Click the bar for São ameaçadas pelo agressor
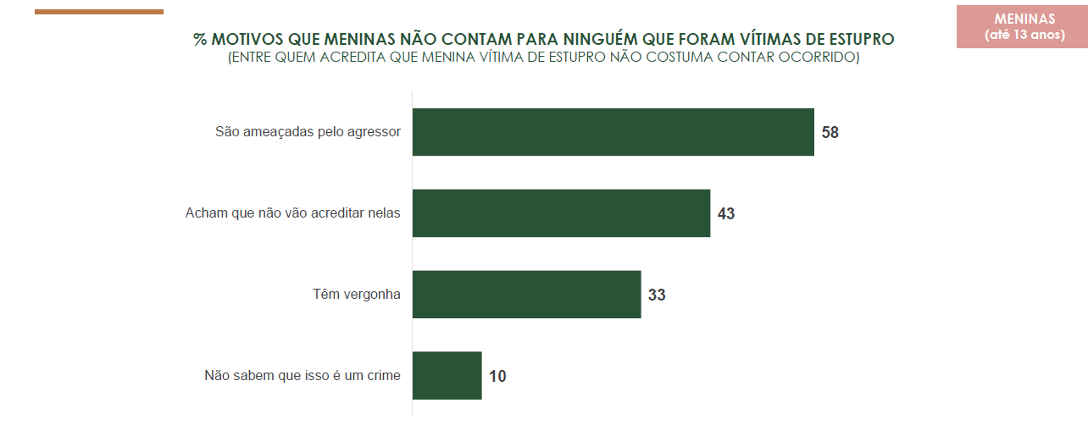click(x=613, y=132)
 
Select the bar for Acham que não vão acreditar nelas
click(x=561, y=213)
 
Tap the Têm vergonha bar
click(x=526, y=295)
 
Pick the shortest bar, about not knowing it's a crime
click(x=447, y=376)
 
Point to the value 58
click(x=830, y=133)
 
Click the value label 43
click(x=725, y=214)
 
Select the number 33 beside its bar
click(x=657, y=295)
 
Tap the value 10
click(x=497, y=377)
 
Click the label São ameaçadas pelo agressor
click(x=308, y=132)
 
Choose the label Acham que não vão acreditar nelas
click(x=292, y=213)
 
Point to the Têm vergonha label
click(x=356, y=295)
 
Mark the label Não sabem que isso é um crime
click(x=302, y=376)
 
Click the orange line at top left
click(x=99, y=12)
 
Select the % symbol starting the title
click(x=200, y=40)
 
